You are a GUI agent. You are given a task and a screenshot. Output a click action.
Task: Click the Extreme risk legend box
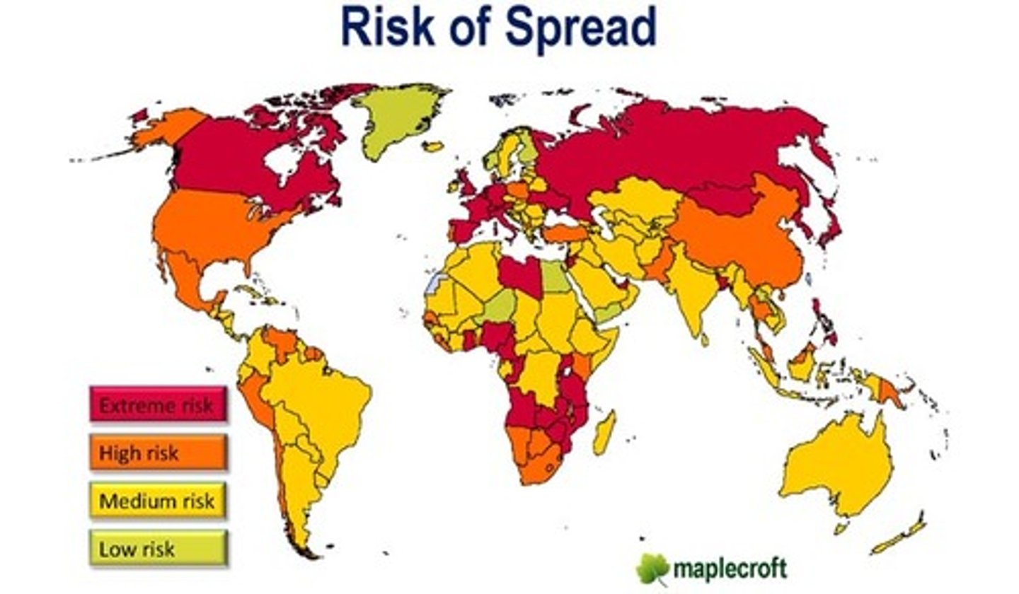click(x=158, y=405)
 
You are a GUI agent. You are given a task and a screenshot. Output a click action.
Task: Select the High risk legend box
click(x=158, y=453)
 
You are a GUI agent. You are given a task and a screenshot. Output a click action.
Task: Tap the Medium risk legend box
click(x=158, y=501)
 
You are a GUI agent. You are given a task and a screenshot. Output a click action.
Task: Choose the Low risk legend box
click(x=158, y=549)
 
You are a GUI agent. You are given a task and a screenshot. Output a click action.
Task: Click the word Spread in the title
click(x=580, y=28)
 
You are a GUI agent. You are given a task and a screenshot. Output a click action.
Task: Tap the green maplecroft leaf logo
click(x=652, y=567)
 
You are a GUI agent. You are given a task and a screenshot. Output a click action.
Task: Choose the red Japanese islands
click(x=831, y=226)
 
